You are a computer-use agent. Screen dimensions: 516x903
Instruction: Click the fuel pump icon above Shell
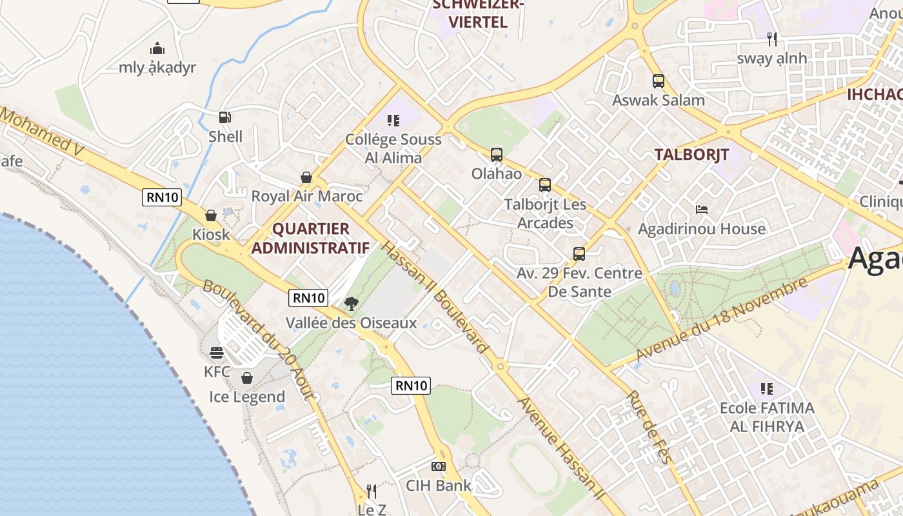point(224,117)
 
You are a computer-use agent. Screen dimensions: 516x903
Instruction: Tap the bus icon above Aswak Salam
point(658,81)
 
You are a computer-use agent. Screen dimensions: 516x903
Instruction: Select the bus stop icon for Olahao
point(496,155)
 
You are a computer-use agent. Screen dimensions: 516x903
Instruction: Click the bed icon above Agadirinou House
point(702,210)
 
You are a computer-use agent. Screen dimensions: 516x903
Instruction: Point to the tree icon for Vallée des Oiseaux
point(352,303)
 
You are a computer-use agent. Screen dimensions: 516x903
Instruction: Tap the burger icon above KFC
point(217,353)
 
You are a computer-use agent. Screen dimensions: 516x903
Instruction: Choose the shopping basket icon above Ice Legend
point(246,378)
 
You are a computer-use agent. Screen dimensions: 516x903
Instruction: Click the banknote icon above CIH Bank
point(439,466)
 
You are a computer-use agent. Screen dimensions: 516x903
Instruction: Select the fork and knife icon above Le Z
point(372,491)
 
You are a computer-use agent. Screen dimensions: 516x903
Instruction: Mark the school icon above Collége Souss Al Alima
point(393,120)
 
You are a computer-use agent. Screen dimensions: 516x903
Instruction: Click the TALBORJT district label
point(691,155)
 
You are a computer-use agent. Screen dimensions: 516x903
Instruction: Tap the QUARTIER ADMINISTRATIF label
point(310,238)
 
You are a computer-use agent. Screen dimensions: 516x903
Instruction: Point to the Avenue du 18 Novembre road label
point(722,319)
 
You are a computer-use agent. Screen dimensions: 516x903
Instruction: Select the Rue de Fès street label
point(649,426)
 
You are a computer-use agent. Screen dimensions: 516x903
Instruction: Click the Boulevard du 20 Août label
point(259,339)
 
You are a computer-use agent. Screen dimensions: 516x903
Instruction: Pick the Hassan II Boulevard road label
point(434,297)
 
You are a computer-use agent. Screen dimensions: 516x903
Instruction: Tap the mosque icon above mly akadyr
point(157,49)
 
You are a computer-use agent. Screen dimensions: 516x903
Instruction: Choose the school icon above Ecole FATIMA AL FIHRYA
point(766,389)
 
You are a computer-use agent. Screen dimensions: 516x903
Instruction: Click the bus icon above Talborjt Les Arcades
point(545,186)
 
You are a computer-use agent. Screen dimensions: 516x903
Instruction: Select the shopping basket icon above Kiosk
point(211,215)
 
